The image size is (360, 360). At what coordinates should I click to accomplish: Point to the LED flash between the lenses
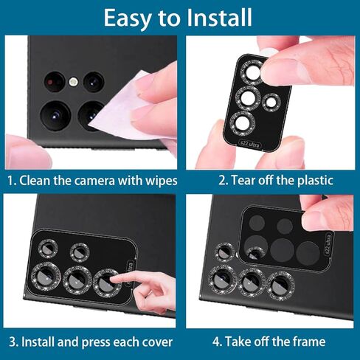pyautogui.click(x=73, y=81)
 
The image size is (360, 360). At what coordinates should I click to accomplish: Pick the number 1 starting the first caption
pyautogui.click(x=11, y=180)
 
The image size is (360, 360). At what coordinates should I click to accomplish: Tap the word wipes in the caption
pyautogui.click(x=158, y=180)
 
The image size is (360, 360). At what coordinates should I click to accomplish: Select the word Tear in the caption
pyautogui.click(x=243, y=180)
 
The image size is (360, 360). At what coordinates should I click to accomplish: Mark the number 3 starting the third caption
pyautogui.click(x=12, y=342)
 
